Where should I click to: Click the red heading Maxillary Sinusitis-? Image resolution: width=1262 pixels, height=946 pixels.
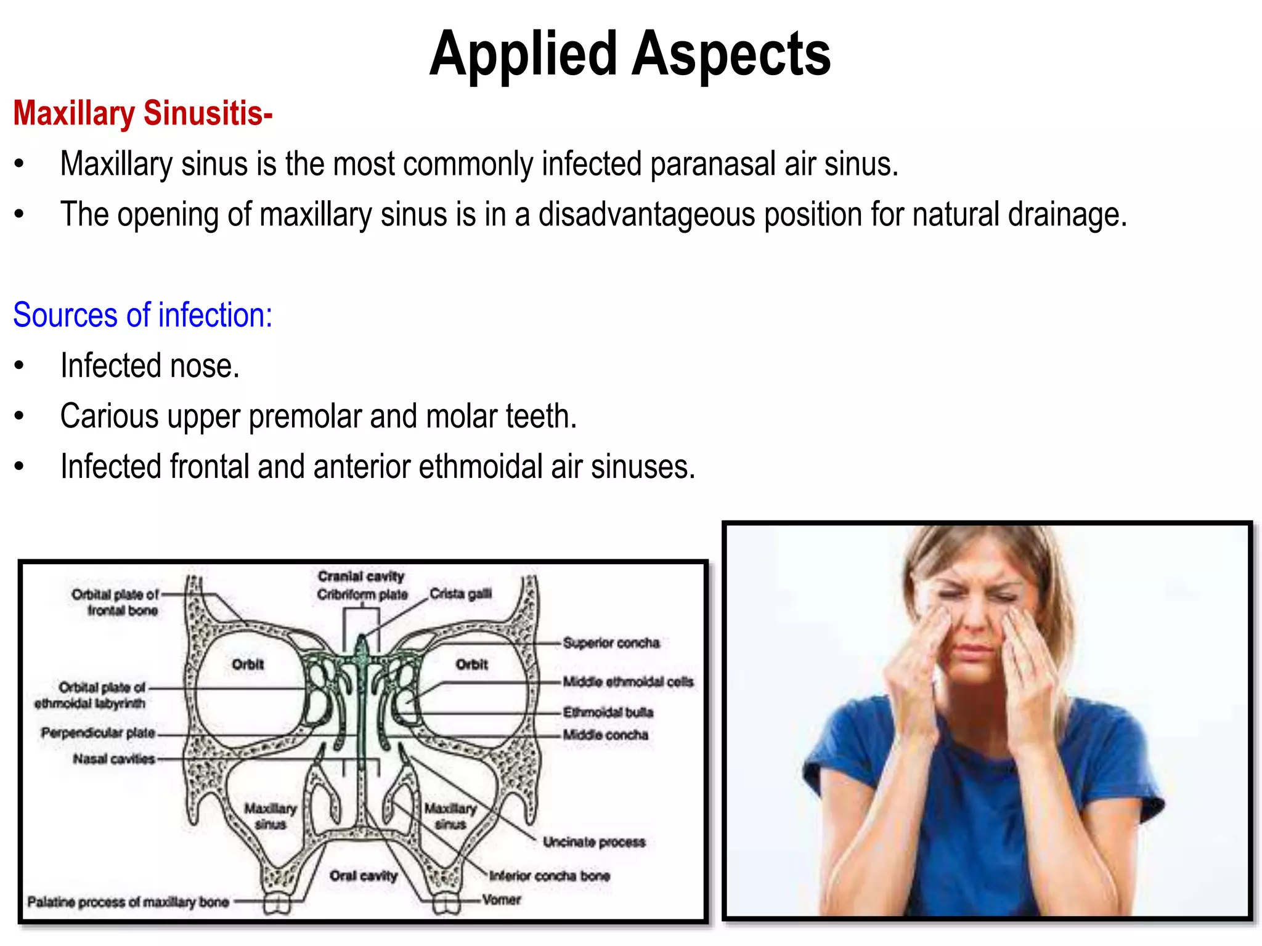tap(143, 114)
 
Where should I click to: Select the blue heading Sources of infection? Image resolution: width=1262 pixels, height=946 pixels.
tap(142, 315)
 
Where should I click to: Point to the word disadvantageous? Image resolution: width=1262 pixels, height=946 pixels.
tap(646, 215)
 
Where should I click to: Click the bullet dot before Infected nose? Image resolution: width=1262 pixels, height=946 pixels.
tap(20, 366)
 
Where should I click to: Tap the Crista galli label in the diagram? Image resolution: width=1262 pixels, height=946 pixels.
tap(460, 594)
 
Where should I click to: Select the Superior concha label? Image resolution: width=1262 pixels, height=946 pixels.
tap(611, 643)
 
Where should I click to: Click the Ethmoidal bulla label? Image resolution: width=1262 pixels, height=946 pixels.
tap(608, 713)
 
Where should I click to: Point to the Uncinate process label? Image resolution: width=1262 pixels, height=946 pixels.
tap(594, 842)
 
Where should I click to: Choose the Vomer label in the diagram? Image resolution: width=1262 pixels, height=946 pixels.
tap(502, 900)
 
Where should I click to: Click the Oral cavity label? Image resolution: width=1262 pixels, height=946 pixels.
tap(364, 876)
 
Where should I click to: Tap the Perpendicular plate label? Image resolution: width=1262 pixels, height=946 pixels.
tap(98, 733)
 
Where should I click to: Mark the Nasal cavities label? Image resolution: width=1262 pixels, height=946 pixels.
tap(114, 759)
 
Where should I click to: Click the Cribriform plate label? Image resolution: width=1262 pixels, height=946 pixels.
tap(362, 595)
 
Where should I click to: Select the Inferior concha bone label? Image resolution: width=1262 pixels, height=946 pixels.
tap(550, 876)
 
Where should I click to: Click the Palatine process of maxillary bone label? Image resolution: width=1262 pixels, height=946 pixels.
tap(128, 902)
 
